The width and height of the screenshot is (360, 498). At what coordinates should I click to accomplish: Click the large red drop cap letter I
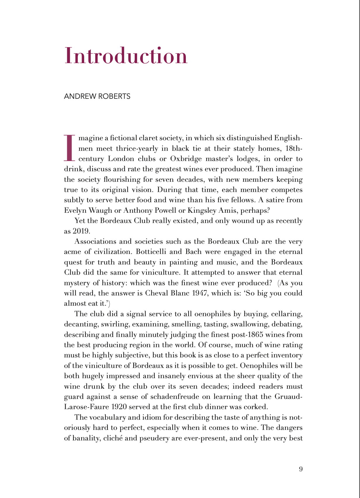pyautogui.click(x=70, y=148)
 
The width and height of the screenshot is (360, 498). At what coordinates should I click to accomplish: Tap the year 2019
pyautogui.click(x=80, y=231)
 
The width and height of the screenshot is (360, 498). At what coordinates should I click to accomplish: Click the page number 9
pyautogui.click(x=301, y=469)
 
